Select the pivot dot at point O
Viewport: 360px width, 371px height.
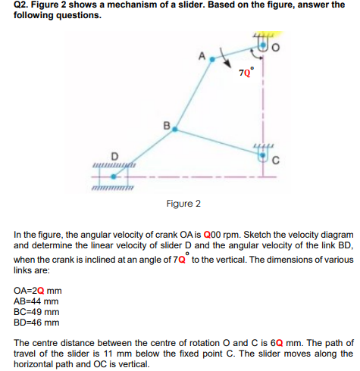click(264, 48)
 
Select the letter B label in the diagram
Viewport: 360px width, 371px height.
click(166, 123)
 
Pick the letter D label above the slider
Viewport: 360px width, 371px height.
click(114, 157)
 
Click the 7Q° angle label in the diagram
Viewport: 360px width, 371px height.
click(246, 73)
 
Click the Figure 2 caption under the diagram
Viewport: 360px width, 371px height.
click(183, 204)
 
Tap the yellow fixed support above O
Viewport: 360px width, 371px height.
click(265, 33)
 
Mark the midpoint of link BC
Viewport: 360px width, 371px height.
click(220, 145)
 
